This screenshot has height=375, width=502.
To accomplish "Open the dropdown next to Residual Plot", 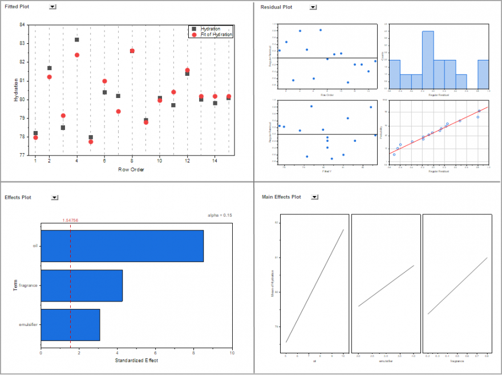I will point(313,7).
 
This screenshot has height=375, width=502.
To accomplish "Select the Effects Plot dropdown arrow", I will point(54,197).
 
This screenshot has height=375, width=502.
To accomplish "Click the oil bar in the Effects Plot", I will point(122,246).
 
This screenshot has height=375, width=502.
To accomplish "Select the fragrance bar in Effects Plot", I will point(82,285).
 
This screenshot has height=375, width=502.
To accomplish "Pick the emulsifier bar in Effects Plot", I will point(70,325).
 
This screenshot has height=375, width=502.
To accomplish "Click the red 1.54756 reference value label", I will point(70,220).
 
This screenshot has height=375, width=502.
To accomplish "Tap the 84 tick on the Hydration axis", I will point(22,25).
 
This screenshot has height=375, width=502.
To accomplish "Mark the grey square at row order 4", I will point(77,39).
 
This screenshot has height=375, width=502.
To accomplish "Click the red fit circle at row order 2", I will point(49,77).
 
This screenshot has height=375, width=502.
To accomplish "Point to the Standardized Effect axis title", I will point(136,360).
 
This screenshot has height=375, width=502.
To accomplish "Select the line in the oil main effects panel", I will point(315,286).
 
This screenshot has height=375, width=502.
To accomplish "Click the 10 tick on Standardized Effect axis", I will point(232,353).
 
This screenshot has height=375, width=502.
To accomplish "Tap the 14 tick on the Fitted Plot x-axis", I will point(214,161).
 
